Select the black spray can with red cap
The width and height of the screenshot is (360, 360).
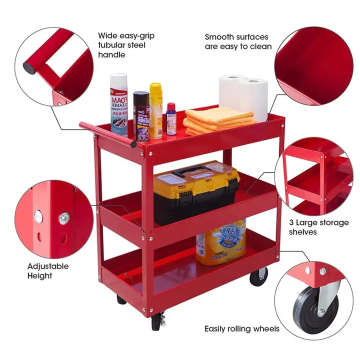tap(141, 116)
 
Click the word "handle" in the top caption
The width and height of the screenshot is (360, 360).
tap(111, 54)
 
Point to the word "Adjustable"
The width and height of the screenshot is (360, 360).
tap(48, 266)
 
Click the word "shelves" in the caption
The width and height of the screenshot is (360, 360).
tap(303, 232)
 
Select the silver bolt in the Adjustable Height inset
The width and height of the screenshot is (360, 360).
tap(64, 217)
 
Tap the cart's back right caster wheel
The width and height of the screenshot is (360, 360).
tap(258, 276)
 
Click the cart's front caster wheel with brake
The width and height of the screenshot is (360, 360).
tap(156, 321)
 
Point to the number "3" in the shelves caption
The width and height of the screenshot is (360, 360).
tap(291, 222)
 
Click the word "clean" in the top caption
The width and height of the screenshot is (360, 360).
tap(261, 46)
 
